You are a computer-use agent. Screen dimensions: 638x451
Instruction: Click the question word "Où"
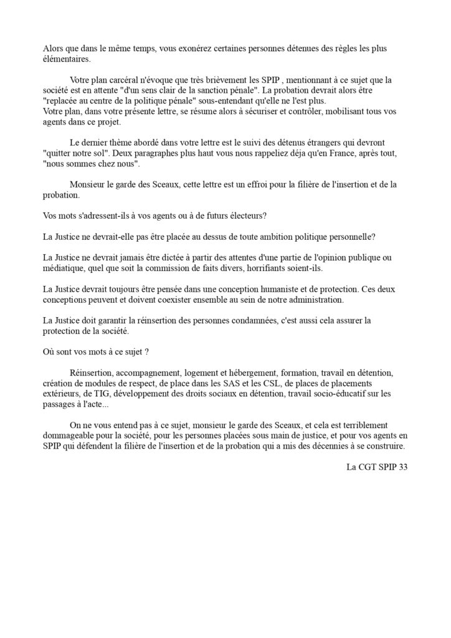click(50, 351)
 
